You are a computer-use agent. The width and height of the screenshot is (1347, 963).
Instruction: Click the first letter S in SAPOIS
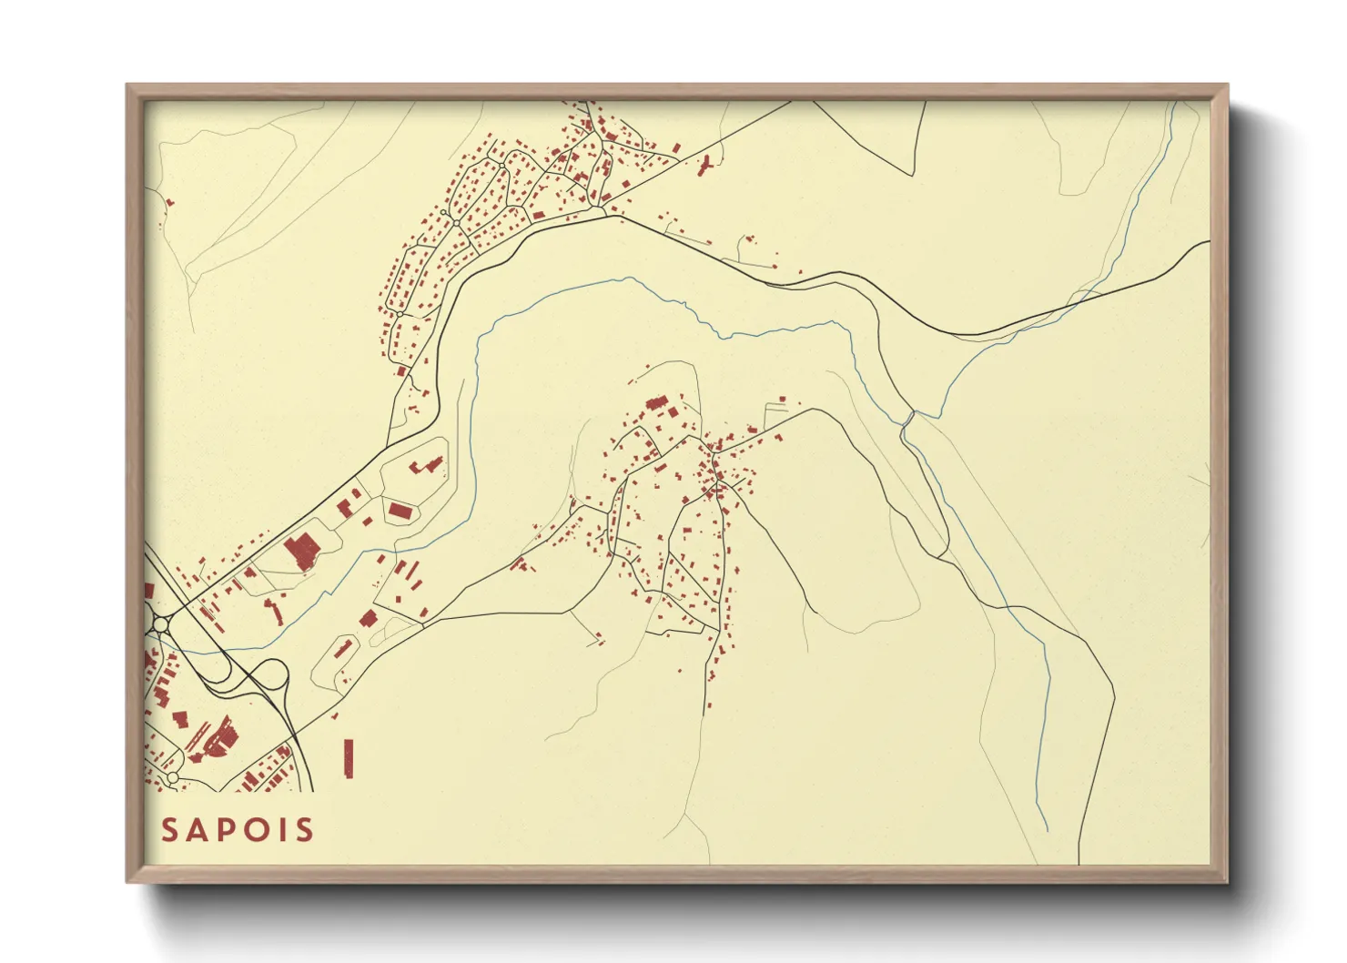169,830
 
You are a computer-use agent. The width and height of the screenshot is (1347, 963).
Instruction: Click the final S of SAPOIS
305,830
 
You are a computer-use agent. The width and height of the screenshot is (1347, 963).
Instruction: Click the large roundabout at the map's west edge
162,624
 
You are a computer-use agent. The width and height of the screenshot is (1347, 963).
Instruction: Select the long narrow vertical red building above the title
349,757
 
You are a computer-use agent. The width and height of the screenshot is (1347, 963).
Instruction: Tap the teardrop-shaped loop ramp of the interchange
271,675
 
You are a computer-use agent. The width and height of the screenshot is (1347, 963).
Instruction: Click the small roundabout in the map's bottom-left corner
171,779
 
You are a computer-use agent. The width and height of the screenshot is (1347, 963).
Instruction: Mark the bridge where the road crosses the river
907,419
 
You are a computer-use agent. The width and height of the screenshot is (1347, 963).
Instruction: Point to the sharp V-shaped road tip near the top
912,174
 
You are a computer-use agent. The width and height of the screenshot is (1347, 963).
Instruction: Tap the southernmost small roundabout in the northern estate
399,314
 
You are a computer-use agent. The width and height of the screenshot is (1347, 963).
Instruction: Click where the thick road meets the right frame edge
1209,242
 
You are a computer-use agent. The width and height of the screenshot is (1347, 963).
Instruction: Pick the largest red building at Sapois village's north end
655,403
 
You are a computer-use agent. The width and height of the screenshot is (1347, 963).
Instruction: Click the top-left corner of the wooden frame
127,86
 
